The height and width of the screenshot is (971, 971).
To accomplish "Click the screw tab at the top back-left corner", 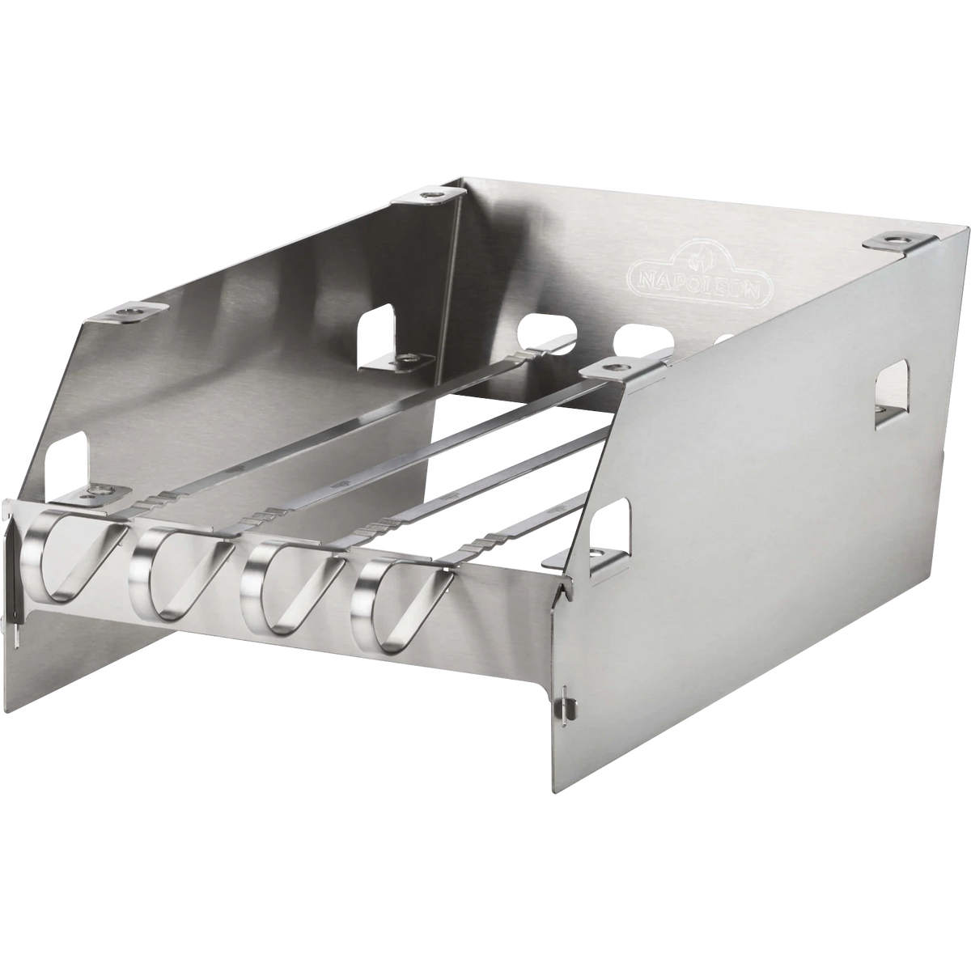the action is pyautogui.click(x=430, y=196).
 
